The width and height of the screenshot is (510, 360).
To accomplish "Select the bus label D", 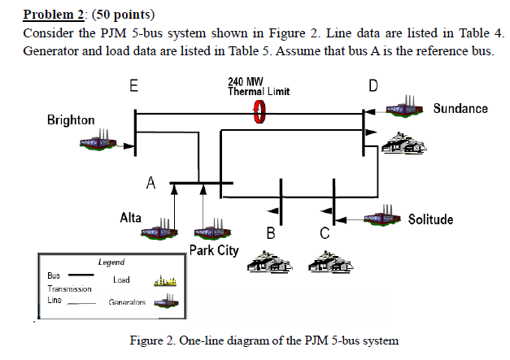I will click(x=373, y=85).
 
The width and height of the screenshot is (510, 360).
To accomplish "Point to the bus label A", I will click(x=150, y=182).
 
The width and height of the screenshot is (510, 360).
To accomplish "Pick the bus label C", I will click(x=324, y=234).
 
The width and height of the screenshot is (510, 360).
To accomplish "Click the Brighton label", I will click(x=71, y=120).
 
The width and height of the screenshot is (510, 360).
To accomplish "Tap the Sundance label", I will click(x=460, y=108).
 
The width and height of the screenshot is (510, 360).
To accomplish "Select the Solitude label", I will click(x=430, y=219).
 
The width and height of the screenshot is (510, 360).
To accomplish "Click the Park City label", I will click(x=214, y=249).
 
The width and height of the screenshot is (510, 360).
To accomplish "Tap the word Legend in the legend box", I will click(x=111, y=262).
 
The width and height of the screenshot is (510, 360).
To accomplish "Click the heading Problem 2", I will click(x=54, y=15).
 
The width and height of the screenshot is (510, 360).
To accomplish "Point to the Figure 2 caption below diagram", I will click(x=264, y=340).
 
